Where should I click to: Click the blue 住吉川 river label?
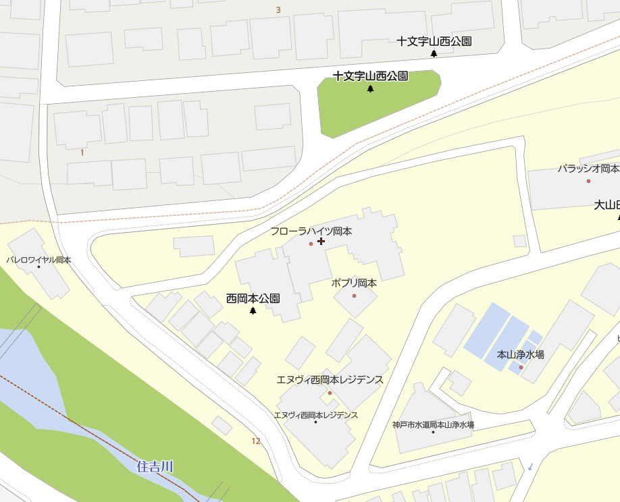click(155, 466)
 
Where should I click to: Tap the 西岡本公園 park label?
click(253, 298)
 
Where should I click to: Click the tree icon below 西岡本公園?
click(253, 311)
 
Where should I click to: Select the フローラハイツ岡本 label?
click(311, 231)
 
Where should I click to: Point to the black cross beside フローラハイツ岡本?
click(321, 241)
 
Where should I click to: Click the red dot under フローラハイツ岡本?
click(311, 244)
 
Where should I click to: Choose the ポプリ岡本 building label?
click(354, 283)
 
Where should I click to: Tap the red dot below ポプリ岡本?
click(354, 296)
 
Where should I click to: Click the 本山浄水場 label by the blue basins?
click(521, 354)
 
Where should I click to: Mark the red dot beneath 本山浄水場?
click(521, 367)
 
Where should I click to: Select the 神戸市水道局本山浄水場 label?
click(433, 425)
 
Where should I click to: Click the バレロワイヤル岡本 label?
click(38, 259)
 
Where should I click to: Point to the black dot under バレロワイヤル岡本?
click(38, 267)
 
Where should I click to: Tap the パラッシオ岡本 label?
click(588, 168)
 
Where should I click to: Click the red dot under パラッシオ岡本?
click(588, 181)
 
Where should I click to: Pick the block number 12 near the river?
click(255, 441)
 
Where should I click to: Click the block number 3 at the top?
click(278, 10)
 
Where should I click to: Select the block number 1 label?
click(82, 152)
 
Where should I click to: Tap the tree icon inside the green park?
click(370, 89)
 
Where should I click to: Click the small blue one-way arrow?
click(531, 466)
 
